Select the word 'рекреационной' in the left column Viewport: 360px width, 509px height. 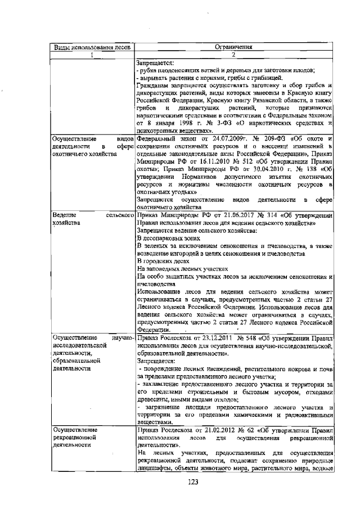[74, 438]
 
